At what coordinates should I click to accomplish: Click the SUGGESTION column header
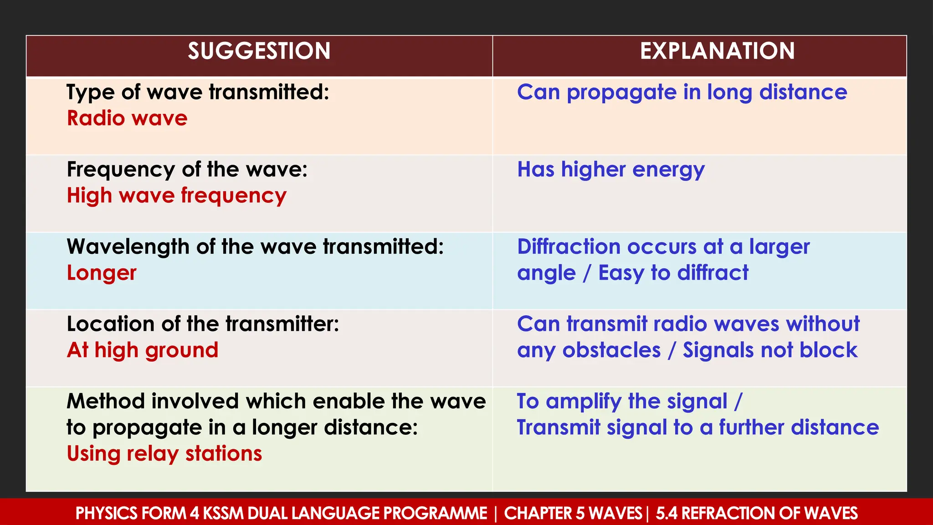point(259,51)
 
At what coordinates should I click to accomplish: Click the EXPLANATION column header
point(717,51)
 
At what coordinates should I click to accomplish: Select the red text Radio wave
point(127,118)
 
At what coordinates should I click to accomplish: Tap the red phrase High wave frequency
point(176,196)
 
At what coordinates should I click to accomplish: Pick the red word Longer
point(102,273)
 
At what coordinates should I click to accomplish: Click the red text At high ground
point(143,350)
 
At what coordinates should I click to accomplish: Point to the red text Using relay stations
point(164,454)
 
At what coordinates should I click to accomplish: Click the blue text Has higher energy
point(610,170)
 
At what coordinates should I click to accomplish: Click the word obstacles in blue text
point(611,350)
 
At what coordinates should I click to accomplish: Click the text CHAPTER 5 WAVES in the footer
point(573,514)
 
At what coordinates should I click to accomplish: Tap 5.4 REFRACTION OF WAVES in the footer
point(756,514)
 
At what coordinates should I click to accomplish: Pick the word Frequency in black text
point(121,170)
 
